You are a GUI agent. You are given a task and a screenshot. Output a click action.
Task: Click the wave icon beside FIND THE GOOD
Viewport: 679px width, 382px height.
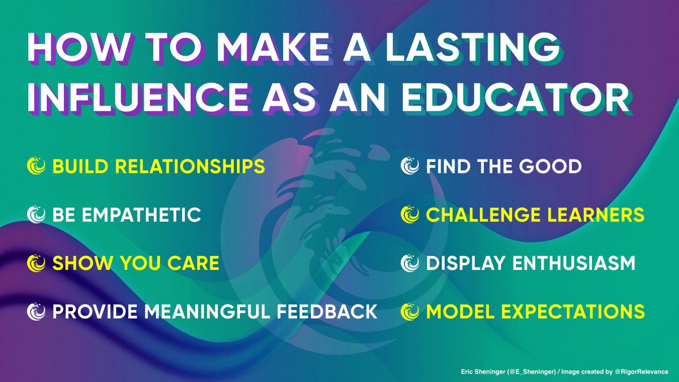tap(409, 166)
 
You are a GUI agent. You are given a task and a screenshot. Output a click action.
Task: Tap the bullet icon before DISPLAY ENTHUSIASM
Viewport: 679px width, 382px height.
tap(409, 263)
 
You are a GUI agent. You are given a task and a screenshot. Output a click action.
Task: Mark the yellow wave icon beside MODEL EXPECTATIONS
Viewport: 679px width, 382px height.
tap(409, 311)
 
